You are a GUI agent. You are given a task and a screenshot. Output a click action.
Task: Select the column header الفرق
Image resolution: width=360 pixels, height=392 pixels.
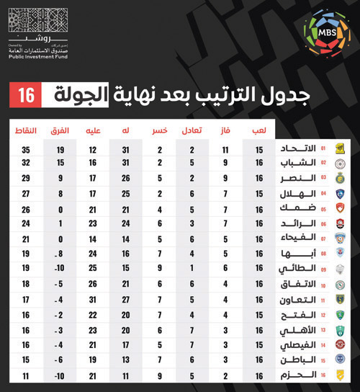tap(60, 130)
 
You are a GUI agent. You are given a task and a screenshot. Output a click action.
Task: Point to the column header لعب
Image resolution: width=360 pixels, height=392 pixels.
tap(259, 130)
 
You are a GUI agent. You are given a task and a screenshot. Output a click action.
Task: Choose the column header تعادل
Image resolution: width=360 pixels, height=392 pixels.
tap(192, 130)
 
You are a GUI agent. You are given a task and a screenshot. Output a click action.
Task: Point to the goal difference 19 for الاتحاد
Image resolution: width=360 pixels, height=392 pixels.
tap(60, 149)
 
